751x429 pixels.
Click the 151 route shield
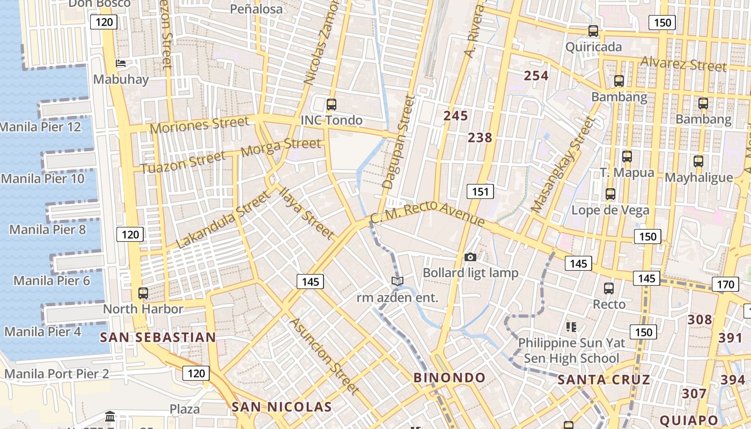[480, 191]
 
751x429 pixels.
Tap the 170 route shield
[725, 284]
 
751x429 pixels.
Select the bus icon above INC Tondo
[331, 105]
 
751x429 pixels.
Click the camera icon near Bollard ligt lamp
[470, 257]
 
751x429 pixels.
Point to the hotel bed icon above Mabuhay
[121, 63]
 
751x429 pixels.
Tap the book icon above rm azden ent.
[397, 282]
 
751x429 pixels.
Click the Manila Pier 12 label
[41, 127]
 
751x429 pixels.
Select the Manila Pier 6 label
[51, 280]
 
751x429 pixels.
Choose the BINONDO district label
[450, 378]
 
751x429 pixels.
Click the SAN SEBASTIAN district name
[158, 337]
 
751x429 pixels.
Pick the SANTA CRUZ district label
[604, 380]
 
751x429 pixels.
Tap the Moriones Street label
[200, 125]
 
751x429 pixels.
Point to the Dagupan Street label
[396, 142]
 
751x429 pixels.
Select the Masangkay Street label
[563, 165]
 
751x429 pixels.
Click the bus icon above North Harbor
[143, 293]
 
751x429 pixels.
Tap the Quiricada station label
[594, 47]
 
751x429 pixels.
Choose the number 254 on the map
[536, 76]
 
